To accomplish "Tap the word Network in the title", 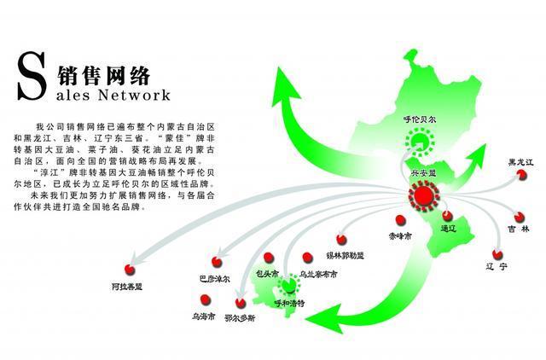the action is click(x=136, y=93).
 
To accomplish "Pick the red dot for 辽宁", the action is click(x=497, y=253).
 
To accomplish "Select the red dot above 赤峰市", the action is click(x=392, y=218).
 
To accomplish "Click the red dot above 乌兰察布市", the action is click(x=307, y=255).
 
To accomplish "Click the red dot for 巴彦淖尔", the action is click(x=217, y=259).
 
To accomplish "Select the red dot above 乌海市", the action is click(x=204, y=299).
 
